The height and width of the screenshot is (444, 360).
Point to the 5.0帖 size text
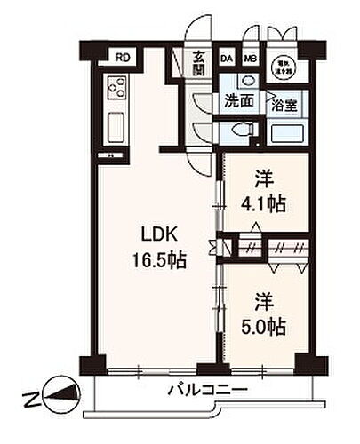[265, 327]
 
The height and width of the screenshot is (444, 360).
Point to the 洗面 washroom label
[238, 100]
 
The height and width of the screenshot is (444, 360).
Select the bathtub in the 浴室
[287, 133]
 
